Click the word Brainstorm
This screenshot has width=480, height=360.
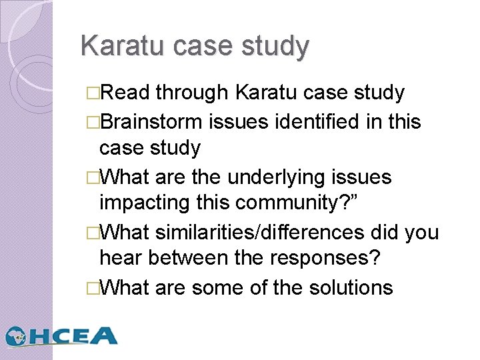tap(151, 121)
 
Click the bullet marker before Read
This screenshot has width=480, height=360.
tap(91, 93)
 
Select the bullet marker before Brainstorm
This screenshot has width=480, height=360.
tap(91, 122)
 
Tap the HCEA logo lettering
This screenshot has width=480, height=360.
tap(74, 336)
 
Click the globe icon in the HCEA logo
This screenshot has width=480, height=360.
tap(17, 336)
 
